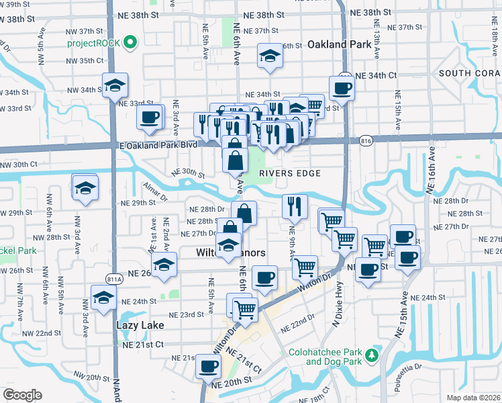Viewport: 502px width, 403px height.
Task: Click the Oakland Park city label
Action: tap(340, 45)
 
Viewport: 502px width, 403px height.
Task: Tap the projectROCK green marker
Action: tap(130, 44)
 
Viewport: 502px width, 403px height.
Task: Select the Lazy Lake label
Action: tap(140, 325)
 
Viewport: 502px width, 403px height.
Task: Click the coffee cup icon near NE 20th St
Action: tap(208, 367)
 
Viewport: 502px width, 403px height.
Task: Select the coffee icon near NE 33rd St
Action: tap(149, 117)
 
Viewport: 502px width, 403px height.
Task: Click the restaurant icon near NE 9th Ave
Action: tap(295, 206)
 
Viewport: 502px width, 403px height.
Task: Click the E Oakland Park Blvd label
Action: tap(160, 144)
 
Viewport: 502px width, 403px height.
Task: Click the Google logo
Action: tap(22, 395)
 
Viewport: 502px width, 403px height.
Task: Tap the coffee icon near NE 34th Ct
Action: tap(342, 88)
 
